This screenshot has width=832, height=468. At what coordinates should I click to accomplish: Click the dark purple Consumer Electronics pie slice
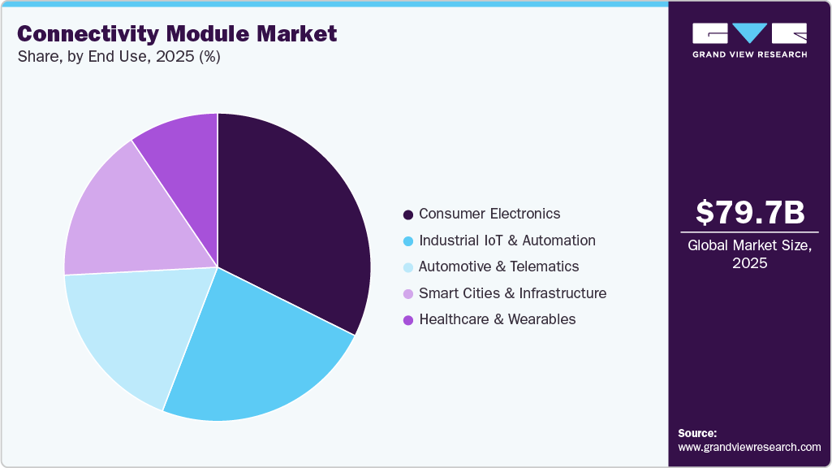[292, 219]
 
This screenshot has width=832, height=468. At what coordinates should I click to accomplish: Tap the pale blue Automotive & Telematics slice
[130, 333]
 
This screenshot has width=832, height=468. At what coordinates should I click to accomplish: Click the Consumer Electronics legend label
[489, 214]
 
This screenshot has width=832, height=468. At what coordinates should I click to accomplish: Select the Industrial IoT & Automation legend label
[507, 240]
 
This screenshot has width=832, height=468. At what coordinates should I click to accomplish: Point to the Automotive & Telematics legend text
[499, 266]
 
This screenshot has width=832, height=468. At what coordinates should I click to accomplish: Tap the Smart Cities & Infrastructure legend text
[512, 293]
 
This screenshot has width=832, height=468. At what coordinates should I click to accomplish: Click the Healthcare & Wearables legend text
[498, 319]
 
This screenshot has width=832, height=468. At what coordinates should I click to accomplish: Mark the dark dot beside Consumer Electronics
[408, 214]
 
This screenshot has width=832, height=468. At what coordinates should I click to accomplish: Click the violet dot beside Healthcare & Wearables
[408, 320]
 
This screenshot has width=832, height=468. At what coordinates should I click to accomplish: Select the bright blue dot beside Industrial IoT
[408, 241]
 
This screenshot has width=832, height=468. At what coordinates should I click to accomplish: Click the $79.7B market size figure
[750, 213]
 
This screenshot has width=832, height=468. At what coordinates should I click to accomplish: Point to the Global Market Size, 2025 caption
[750, 254]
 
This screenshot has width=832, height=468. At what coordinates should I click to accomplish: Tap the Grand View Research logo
[749, 39]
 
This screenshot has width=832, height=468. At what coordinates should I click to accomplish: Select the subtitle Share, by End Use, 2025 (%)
[119, 57]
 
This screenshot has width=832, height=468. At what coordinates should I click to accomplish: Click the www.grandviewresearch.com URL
[749, 448]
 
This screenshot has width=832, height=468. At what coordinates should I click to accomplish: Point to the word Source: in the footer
[697, 433]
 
